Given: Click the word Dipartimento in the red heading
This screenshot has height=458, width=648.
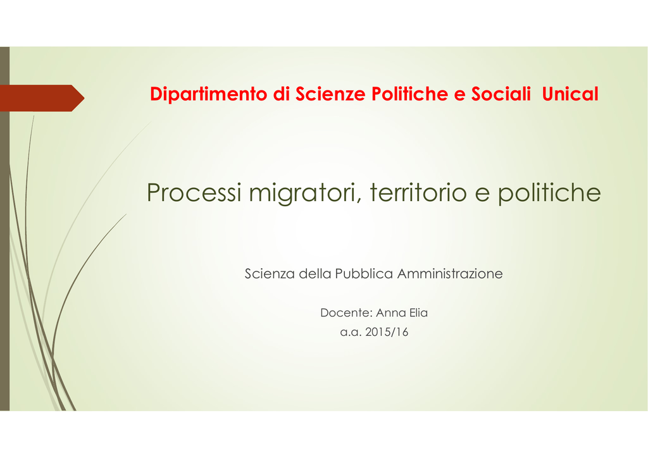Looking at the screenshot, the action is pos(209,95).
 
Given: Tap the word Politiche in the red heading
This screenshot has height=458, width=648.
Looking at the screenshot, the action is pos(409,94).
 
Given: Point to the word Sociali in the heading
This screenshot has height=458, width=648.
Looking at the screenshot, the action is pos(501,94).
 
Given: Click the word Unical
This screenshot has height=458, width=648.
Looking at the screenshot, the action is pos(570,94).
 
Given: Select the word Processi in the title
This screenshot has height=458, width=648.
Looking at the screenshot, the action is pos(194,192).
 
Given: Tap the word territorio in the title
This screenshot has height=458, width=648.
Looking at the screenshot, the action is pos(418,192).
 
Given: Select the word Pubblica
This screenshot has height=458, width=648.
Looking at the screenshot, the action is pos(364,273).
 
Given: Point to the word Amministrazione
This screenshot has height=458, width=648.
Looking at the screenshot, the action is pos(450,273).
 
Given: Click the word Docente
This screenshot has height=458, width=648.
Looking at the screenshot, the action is pos(346,313).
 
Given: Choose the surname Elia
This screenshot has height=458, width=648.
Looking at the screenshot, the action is pos(419,313).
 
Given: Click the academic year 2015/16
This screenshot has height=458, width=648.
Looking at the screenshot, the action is pos(387,332).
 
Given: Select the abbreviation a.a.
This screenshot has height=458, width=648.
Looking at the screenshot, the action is pos(351,333).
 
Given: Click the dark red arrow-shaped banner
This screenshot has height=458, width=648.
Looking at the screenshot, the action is pos(41,98).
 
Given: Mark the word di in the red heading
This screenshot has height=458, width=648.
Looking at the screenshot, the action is pos(281,94).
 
